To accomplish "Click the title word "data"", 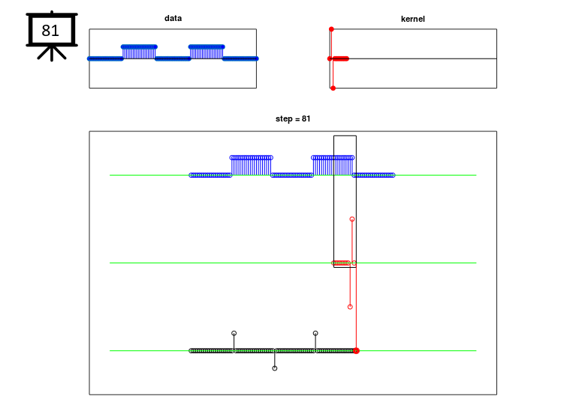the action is (173, 19).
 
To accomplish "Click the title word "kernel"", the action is (412, 19).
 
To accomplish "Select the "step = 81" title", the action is (293, 118).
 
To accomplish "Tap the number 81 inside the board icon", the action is (50, 31).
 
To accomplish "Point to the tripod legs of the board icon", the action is (52, 53).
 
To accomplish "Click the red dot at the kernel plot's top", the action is (331, 29).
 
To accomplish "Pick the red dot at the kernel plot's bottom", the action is (333, 88).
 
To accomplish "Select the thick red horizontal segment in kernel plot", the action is (340, 58).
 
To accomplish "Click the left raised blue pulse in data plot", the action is (139, 52).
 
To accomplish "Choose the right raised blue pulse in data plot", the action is (207, 52).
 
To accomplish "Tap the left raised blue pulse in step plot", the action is (251, 166).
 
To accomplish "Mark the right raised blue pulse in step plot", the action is (333, 166).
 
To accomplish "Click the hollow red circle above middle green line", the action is (352, 219).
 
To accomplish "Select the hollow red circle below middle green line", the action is (350, 307).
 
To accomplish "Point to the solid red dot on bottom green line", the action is (356, 351).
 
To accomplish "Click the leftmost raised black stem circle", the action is (234, 333).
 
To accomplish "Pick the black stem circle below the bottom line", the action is (275, 368).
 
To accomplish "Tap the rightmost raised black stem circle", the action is (315, 333).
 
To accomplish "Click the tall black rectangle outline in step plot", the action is (333, 202).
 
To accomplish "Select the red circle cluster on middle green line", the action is (341, 262).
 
